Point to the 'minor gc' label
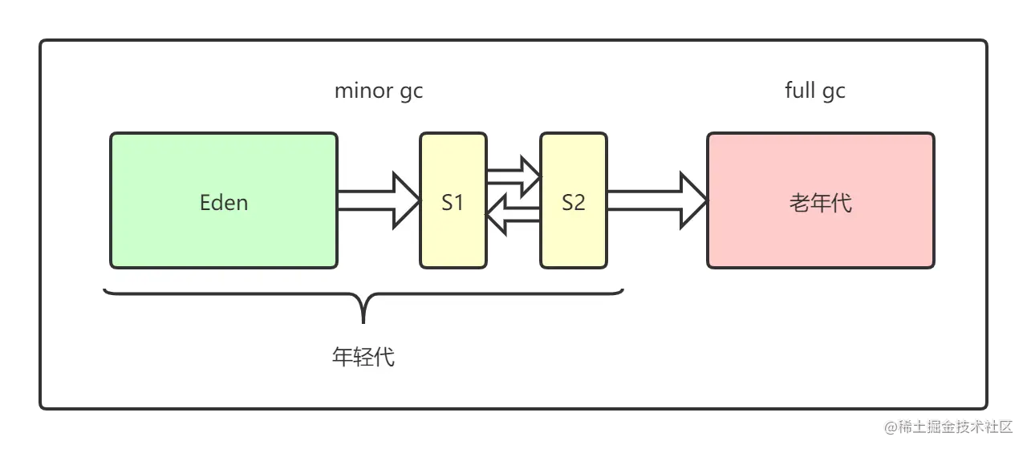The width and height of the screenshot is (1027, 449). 378,91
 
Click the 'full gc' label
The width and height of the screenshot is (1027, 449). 814,91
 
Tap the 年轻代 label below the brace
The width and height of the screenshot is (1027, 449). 363,356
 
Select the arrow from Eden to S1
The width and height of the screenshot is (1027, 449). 377,200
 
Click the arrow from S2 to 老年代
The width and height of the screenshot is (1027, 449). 656,200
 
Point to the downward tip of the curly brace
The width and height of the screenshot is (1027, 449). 363,319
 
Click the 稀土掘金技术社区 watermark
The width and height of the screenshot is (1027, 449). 948,425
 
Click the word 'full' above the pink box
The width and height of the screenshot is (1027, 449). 799,91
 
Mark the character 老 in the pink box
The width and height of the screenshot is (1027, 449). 799,202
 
